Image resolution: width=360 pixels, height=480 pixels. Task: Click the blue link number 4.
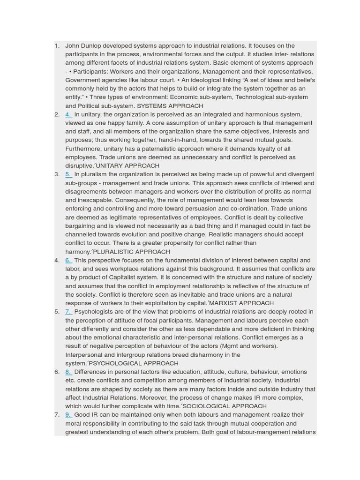[68, 114]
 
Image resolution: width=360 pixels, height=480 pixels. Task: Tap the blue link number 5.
[68, 174]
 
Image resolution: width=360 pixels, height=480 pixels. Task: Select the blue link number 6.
[68, 260]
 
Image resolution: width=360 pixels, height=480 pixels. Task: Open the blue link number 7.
[68, 312]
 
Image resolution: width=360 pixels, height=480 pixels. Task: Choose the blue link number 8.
[68, 372]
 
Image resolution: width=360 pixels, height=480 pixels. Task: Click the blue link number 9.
[68, 415]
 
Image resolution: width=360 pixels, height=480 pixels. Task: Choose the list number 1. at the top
[57, 46]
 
